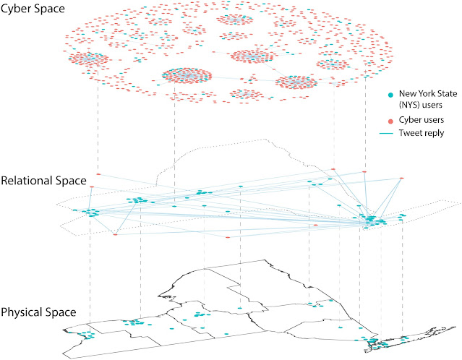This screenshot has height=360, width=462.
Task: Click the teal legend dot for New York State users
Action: pyautogui.click(x=391, y=94)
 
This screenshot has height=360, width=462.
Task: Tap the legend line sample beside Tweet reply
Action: pyautogui.click(x=391, y=133)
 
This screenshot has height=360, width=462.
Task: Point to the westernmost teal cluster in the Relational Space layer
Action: pyautogui.click(x=90, y=212)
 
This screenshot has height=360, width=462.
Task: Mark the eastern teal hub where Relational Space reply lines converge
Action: pyautogui.click(x=370, y=219)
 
